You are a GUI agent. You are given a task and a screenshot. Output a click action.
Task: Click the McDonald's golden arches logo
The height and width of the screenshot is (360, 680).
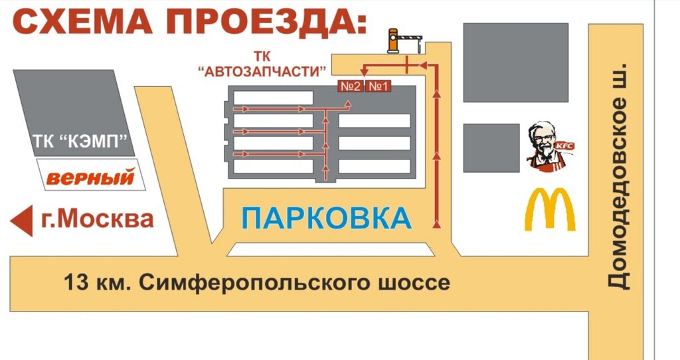coord(550,209)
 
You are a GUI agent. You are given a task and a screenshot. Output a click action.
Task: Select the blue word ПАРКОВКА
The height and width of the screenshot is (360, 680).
coord(326,219)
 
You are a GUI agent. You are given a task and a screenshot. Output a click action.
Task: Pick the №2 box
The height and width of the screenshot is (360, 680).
coord(351,86)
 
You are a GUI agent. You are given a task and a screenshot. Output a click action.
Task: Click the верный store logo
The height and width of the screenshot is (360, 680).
coord(90,177)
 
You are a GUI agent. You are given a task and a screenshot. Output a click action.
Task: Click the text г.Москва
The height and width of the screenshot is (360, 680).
coord(97,219)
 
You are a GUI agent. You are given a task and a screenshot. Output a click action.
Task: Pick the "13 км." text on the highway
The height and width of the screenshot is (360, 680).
coord(99,283)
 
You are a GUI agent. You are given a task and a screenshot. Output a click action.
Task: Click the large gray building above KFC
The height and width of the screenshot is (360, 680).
coord(515,62)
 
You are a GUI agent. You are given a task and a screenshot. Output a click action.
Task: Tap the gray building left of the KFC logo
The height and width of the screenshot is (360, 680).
coord(490,147)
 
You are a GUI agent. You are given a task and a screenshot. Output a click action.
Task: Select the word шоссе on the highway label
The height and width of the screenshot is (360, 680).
coord(418,283)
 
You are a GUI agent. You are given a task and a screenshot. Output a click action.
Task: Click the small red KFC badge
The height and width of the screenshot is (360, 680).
coord(564,145)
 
